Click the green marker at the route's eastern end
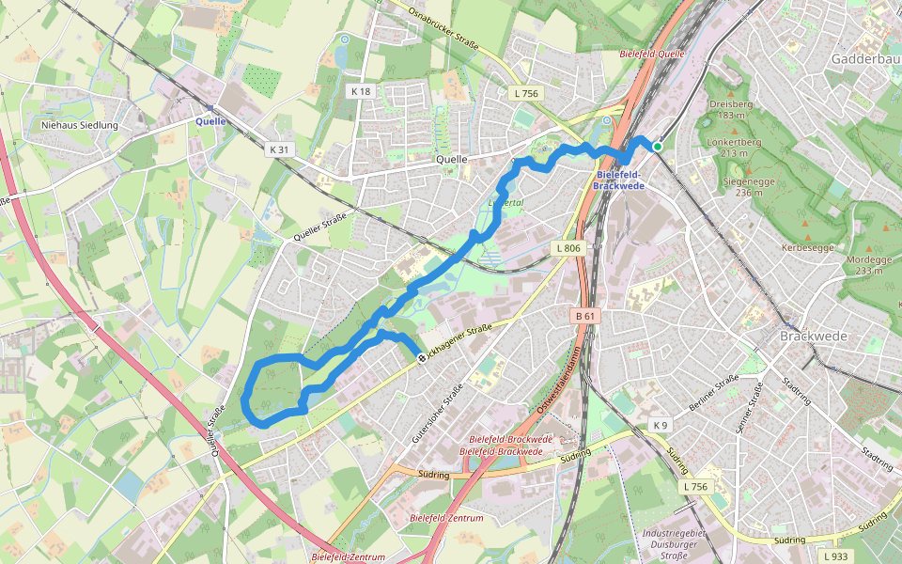658,146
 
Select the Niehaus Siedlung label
80,125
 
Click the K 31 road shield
280,149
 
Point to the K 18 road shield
361,91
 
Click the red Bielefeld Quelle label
652,54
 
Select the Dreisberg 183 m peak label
731,109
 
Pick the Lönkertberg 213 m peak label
733,147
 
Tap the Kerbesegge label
807,248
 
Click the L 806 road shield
568,248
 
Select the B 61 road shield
585,317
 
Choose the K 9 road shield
661,426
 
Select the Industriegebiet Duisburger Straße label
670,544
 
